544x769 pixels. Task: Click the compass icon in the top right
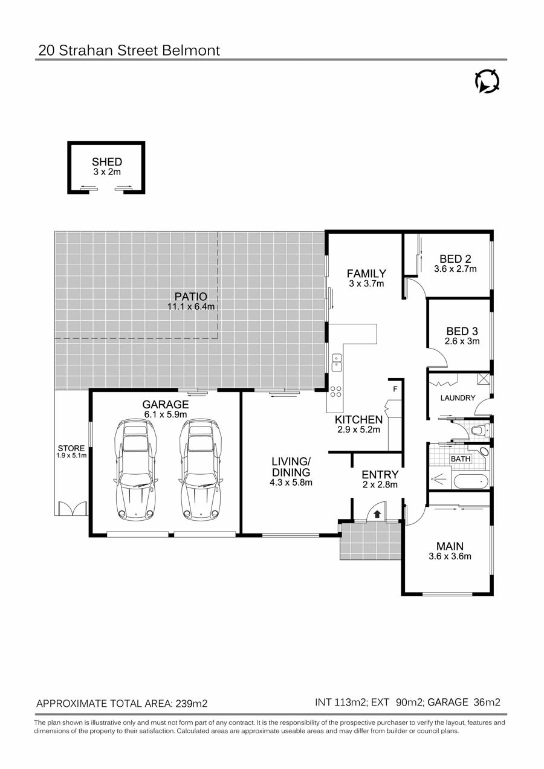487,82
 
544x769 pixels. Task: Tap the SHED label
107,162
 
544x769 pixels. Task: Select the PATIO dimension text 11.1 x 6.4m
191,306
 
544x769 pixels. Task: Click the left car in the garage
136,469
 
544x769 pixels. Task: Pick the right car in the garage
201,469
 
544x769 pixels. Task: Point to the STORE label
71,448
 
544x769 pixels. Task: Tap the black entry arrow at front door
377,514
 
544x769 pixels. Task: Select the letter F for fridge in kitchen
395,389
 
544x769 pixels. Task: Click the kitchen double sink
337,362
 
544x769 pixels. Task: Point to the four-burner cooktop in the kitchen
336,391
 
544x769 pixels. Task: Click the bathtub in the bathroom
471,481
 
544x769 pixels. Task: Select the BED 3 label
462,331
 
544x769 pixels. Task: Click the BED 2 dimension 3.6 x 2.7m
455,269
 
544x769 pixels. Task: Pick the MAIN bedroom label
450,546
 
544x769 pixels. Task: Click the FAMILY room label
366,274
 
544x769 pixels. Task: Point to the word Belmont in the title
191,51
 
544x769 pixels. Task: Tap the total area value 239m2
192,704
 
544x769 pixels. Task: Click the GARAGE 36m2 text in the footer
464,703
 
